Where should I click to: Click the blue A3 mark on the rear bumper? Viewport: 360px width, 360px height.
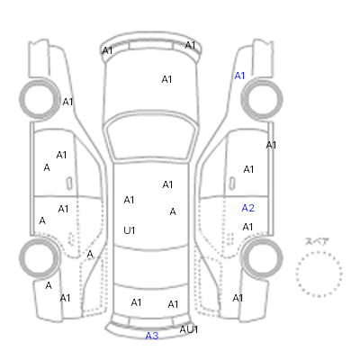(151, 336)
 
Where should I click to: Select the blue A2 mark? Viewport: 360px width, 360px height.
(247, 208)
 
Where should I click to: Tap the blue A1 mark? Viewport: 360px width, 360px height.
(239, 76)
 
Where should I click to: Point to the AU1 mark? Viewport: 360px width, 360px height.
(189, 329)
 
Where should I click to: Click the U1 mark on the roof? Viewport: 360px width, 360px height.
(130, 230)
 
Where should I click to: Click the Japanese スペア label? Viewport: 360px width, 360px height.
(317, 241)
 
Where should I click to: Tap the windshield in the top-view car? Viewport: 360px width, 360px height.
(151, 137)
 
